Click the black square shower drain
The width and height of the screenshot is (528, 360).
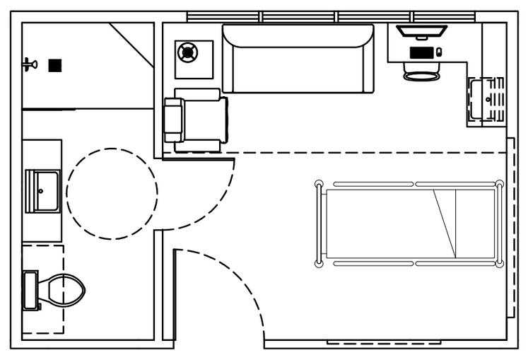pyautogui.click(x=54, y=66)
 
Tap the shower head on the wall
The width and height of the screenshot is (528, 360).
pyautogui.click(x=29, y=65)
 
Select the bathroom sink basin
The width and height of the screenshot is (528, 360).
pyautogui.click(x=42, y=190)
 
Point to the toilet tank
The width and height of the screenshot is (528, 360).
pyautogui.click(x=30, y=290)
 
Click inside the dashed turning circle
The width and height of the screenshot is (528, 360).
pyautogui.click(x=112, y=192)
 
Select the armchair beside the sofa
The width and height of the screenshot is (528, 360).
pyautogui.click(x=194, y=120)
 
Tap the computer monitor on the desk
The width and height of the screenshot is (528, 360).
pyautogui.click(x=421, y=33)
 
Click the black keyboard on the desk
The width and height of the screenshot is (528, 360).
pyautogui.click(x=422, y=52)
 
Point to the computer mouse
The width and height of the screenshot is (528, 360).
pyautogui.click(x=439, y=52)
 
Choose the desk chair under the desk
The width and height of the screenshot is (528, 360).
pyautogui.click(x=422, y=71)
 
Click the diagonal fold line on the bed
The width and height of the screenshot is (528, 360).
pyautogui.click(x=445, y=223)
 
